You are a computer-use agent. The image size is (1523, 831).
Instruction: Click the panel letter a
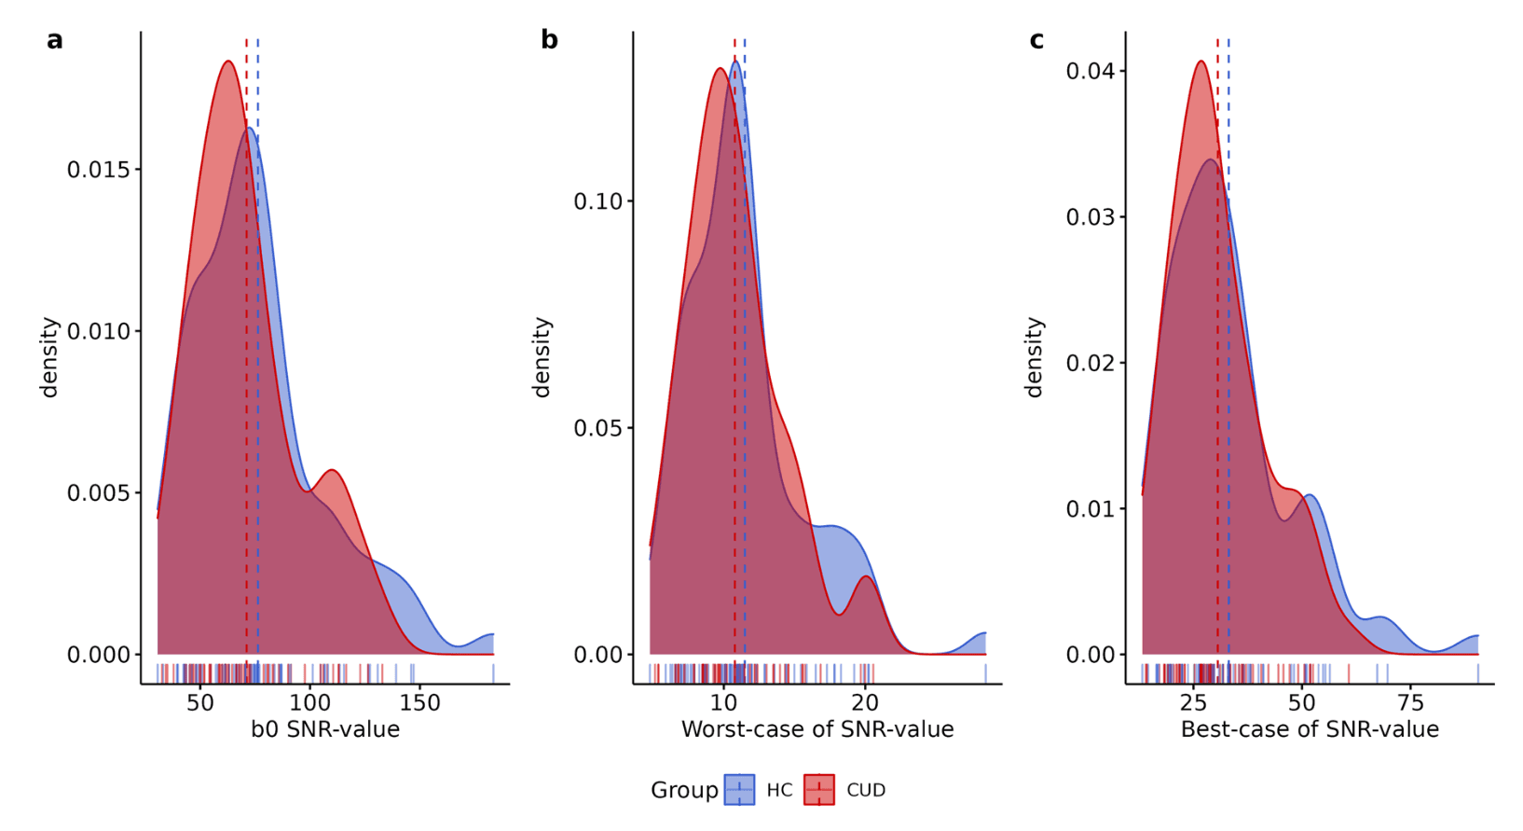coord(55,40)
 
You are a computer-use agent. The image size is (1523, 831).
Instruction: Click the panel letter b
coord(549,40)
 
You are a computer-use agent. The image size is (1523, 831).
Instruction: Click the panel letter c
coord(1036,40)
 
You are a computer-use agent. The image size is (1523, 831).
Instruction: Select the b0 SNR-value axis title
coord(325,729)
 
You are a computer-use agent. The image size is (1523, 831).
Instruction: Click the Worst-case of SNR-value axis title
coord(817,729)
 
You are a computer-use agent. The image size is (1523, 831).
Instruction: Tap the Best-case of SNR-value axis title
coord(1310,729)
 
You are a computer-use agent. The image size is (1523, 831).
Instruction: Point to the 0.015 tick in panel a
coord(104,170)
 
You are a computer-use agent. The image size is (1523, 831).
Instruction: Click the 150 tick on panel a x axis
coord(419,702)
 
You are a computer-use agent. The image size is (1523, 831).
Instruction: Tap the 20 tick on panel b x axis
coord(865,702)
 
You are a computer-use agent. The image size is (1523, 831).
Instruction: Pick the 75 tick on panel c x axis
coord(1411,702)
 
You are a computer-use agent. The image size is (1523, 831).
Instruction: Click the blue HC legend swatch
coord(739,790)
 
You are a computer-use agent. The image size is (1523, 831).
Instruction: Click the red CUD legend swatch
coord(819,790)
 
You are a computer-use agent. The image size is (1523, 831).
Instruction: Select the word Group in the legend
coord(684,790)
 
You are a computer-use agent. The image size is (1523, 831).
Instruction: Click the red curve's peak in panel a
coord(227,62)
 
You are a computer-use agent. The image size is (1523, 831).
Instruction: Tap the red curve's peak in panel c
coord(1201,62)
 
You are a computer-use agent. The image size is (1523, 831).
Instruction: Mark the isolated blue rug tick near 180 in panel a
coord(493,672)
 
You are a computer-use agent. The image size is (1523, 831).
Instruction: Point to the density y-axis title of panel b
coord(542,357)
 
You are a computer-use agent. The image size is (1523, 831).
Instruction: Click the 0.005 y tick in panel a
coord(104,492)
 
